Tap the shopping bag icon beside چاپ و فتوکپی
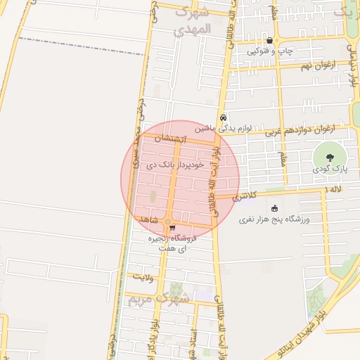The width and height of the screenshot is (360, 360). [269, 40]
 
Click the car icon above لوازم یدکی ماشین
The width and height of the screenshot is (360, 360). [223, 117]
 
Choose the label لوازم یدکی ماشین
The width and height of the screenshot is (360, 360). [222, 129]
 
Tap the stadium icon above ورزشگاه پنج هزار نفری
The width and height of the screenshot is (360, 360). [274, 208]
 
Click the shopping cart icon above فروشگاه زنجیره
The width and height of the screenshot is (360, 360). [172, 226]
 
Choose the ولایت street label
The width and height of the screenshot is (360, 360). [143, 278]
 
